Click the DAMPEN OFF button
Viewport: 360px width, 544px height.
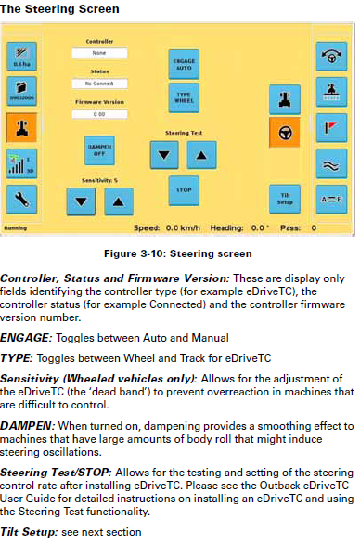point(97,149)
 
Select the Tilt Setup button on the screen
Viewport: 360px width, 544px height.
point(285,199)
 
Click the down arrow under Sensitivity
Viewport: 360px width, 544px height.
point(81,200)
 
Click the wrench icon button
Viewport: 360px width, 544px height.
point(20,198)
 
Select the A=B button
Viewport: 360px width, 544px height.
point(333,198)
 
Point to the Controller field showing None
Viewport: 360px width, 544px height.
point(98,53)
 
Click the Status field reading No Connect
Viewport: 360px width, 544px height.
point(98,83)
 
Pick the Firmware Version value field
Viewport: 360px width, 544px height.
point(98,113)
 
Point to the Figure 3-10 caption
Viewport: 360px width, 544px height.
point(179,251)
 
